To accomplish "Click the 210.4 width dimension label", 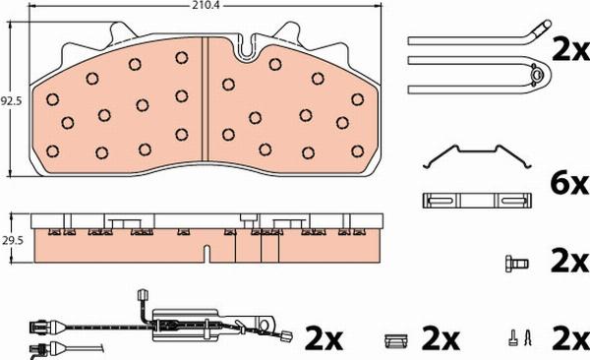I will [205, 5].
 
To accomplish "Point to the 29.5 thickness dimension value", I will [11, 238].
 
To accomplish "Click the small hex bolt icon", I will [513, 263].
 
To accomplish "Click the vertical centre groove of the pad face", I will [204, 98].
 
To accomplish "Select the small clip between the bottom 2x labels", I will [395, 341].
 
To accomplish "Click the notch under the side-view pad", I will [205, 254].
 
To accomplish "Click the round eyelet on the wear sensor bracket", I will [267, 325].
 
